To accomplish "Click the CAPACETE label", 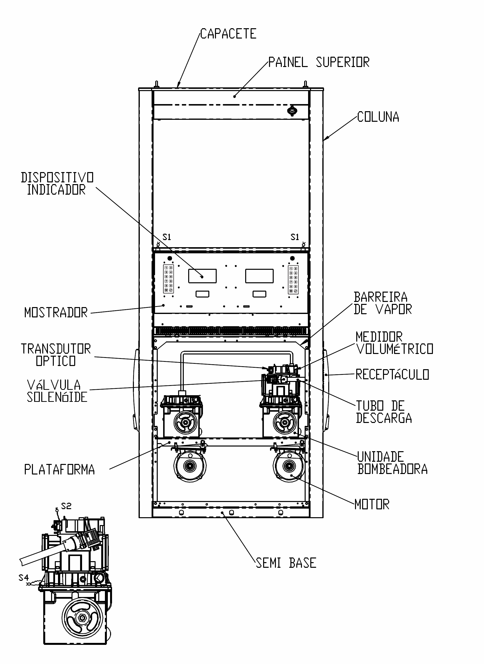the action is pos(228,34).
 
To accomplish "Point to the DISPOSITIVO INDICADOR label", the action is pos(57,184).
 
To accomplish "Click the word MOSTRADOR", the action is pos(56,312).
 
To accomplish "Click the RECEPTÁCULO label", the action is pos(392,374).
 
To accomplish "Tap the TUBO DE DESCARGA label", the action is pos(384,412).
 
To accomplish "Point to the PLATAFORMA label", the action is pos(59,469).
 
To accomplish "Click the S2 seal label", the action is pos(66,506).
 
